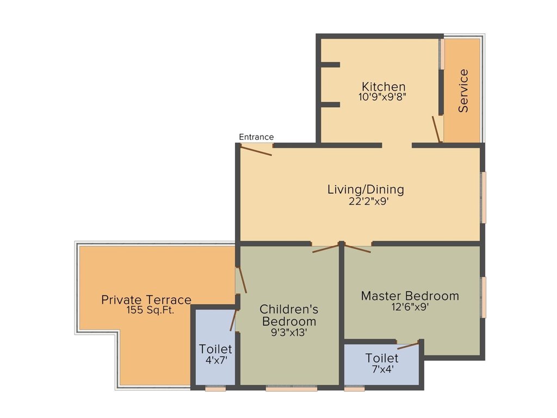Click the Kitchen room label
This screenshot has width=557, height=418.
(x=383, y=87)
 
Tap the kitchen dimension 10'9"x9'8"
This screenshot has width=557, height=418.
(x=383, y=97)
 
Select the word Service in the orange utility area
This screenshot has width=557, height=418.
(x=463, y=90)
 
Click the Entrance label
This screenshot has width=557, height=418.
(x=256, y=137)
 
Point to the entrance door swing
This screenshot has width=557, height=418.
(x=256, y=151)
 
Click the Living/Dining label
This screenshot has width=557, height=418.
(x=366, y=189)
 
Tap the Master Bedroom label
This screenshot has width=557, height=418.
(x=410, y=296)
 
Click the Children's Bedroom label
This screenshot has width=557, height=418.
(x=289, y=315)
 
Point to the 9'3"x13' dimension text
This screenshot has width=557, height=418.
(x=289, y=332)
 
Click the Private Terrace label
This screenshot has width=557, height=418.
(x=146, y=299)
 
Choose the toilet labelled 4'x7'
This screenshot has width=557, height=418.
(x=215, y=354)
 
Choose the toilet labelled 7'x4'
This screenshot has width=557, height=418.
(x=382, y=363)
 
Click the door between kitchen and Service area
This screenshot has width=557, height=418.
(x=436, y=129)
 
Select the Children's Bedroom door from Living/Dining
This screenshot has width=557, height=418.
(x=326, y=248)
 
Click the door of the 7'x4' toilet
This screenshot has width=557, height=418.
(x=409, y=345)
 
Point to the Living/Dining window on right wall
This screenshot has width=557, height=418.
(x=483, y=197)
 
